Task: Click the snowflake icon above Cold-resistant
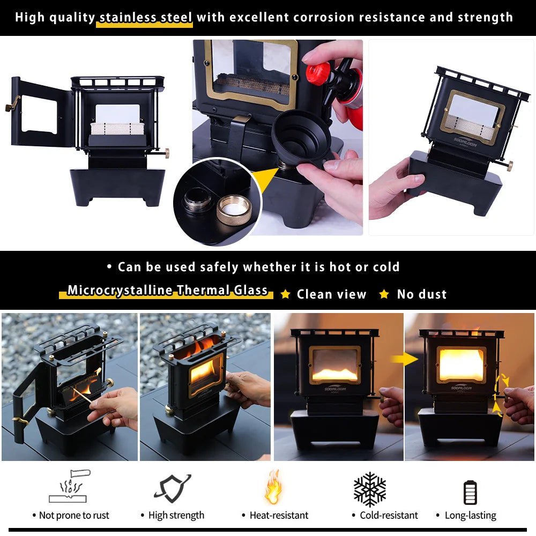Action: [369, 489]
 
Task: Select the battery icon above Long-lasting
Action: [470, 492]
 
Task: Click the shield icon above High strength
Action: [173, 488]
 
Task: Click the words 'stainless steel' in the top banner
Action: [146, 17]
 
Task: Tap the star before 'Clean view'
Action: [286, 294]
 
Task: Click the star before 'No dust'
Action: [384, 294]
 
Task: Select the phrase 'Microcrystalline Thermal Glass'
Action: [167, 291]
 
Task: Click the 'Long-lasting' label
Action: [470, 516]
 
